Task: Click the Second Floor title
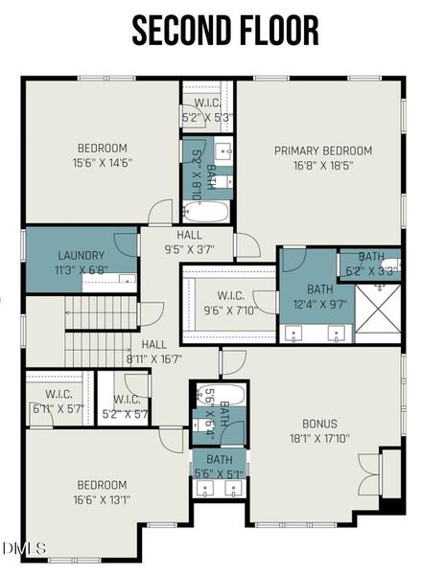pyautogui.click(x=225, y=31)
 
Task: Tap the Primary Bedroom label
pyautogui.click(x=322, y=150)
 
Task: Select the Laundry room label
pyautogui.click(x=81, y=256)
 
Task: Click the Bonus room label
pyautogui.click(x=319, y=422)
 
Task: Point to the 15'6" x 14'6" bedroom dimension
pyautogui.click(x=101, y=163)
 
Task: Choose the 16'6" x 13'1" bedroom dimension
pyautogui.click(x=102, y=498)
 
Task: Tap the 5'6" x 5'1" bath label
pyautogui.click(x=219, y=471)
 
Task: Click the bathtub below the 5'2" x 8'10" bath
pyautogui.click(x=208, y=211)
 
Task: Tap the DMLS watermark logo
pyautogui.click(x=25, y=548)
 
